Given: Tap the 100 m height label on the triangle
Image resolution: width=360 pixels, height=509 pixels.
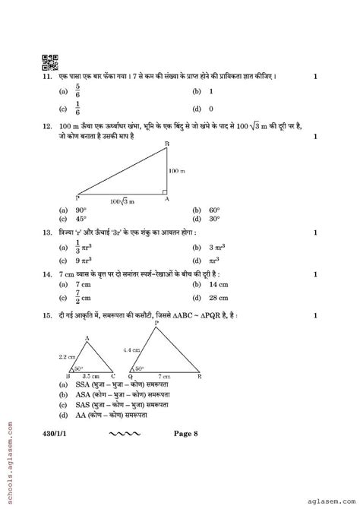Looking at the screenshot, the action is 177,171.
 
